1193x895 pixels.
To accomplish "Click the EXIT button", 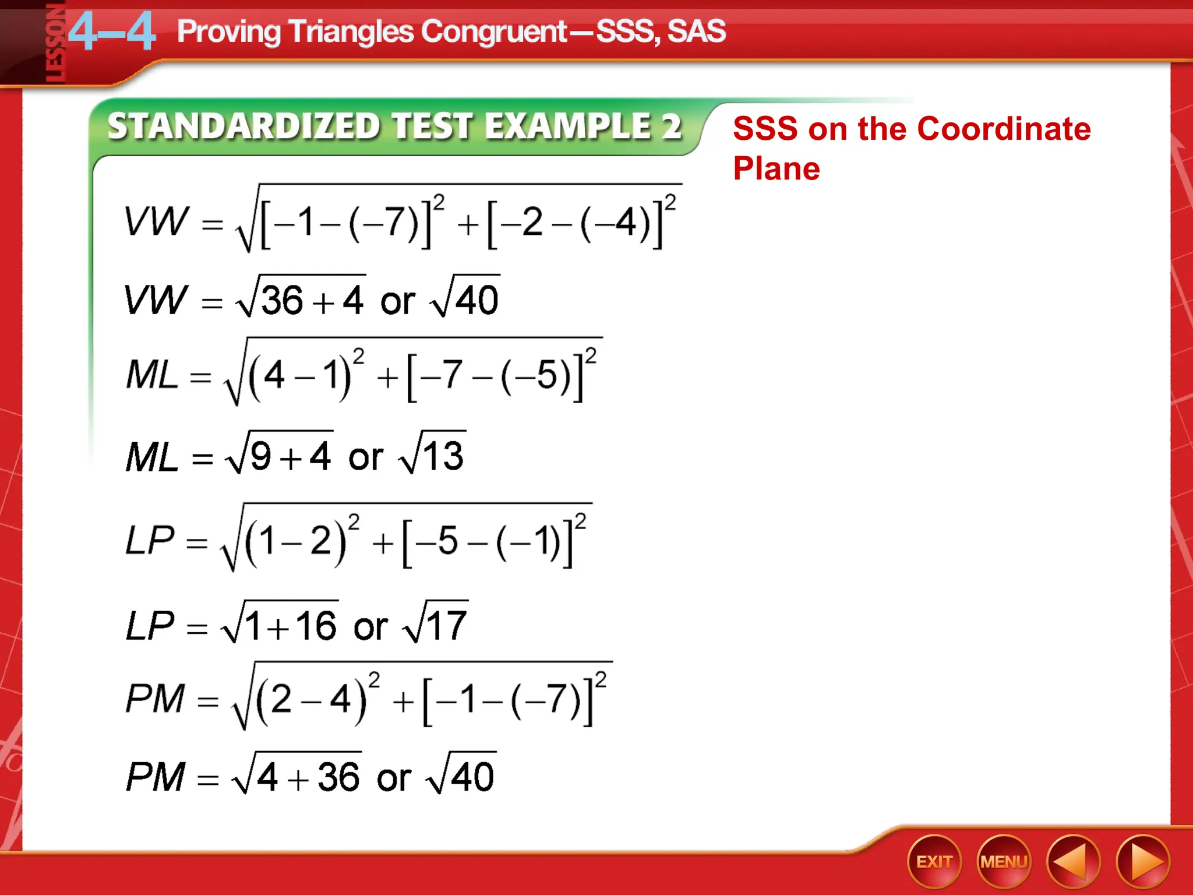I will [934, 861].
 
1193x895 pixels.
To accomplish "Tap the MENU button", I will [1003, 861].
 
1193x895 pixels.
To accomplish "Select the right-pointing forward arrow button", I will [1142, 861].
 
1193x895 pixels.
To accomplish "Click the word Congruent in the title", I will [494, 31].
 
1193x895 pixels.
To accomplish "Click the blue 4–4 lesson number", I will [112, 31].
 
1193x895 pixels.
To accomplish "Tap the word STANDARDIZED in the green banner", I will [244, 126].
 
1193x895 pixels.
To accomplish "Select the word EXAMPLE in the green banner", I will [567, 126].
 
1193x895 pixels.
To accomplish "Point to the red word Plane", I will [776, 169].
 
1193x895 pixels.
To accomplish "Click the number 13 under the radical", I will [443, 456].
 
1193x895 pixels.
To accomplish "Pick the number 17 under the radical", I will [446, 625].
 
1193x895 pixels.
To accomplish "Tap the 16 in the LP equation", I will [316, 626].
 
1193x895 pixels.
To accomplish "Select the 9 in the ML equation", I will [260, 456].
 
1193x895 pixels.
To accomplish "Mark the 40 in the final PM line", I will [472, 777].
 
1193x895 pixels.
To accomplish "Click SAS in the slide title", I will [697, 31].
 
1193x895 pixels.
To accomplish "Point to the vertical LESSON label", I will [56, 44].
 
